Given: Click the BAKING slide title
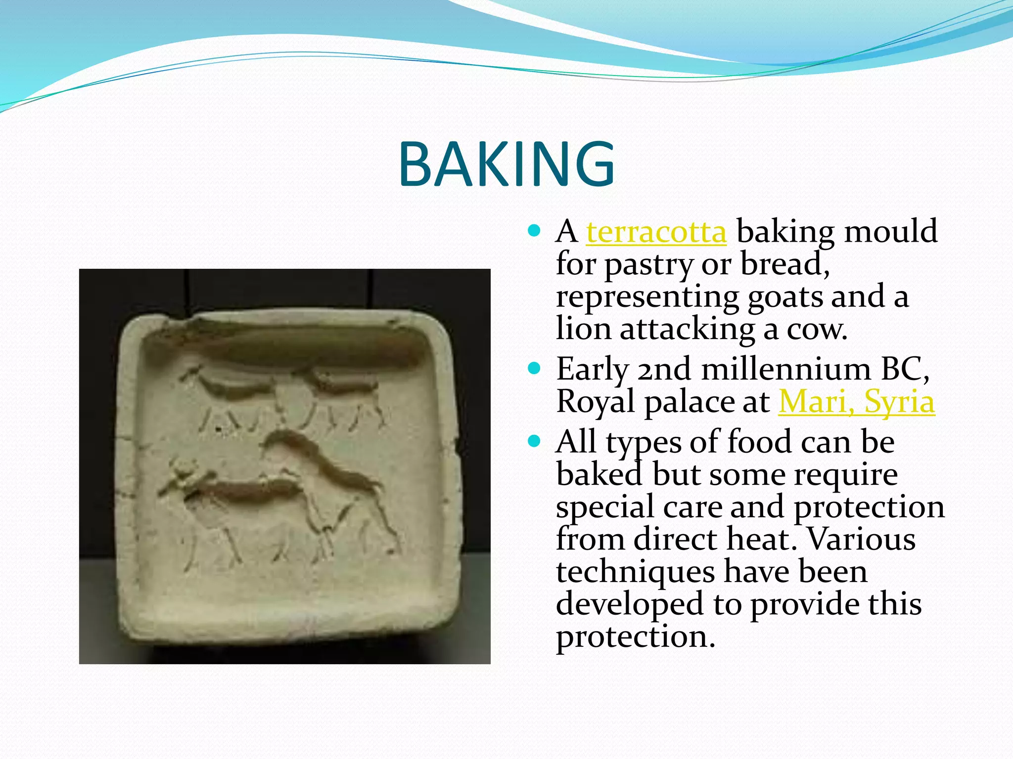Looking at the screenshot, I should tap(506, 165).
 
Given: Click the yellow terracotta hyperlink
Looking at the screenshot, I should tap(656, 231).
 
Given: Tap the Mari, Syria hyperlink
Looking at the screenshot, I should tap(856, 402).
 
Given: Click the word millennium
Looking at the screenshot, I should tap(785, 369).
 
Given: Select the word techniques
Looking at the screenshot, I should tap(635, 572).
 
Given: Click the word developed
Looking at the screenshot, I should tap(629, 604).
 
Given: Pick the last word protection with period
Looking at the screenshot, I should tap(635, 637).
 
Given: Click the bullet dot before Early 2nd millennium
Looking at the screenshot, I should tap(534, 368).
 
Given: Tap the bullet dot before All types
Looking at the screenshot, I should tap(534, 441).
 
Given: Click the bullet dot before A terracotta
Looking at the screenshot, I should tap(534, 230).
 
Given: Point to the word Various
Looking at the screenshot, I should tap(861, 539).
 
